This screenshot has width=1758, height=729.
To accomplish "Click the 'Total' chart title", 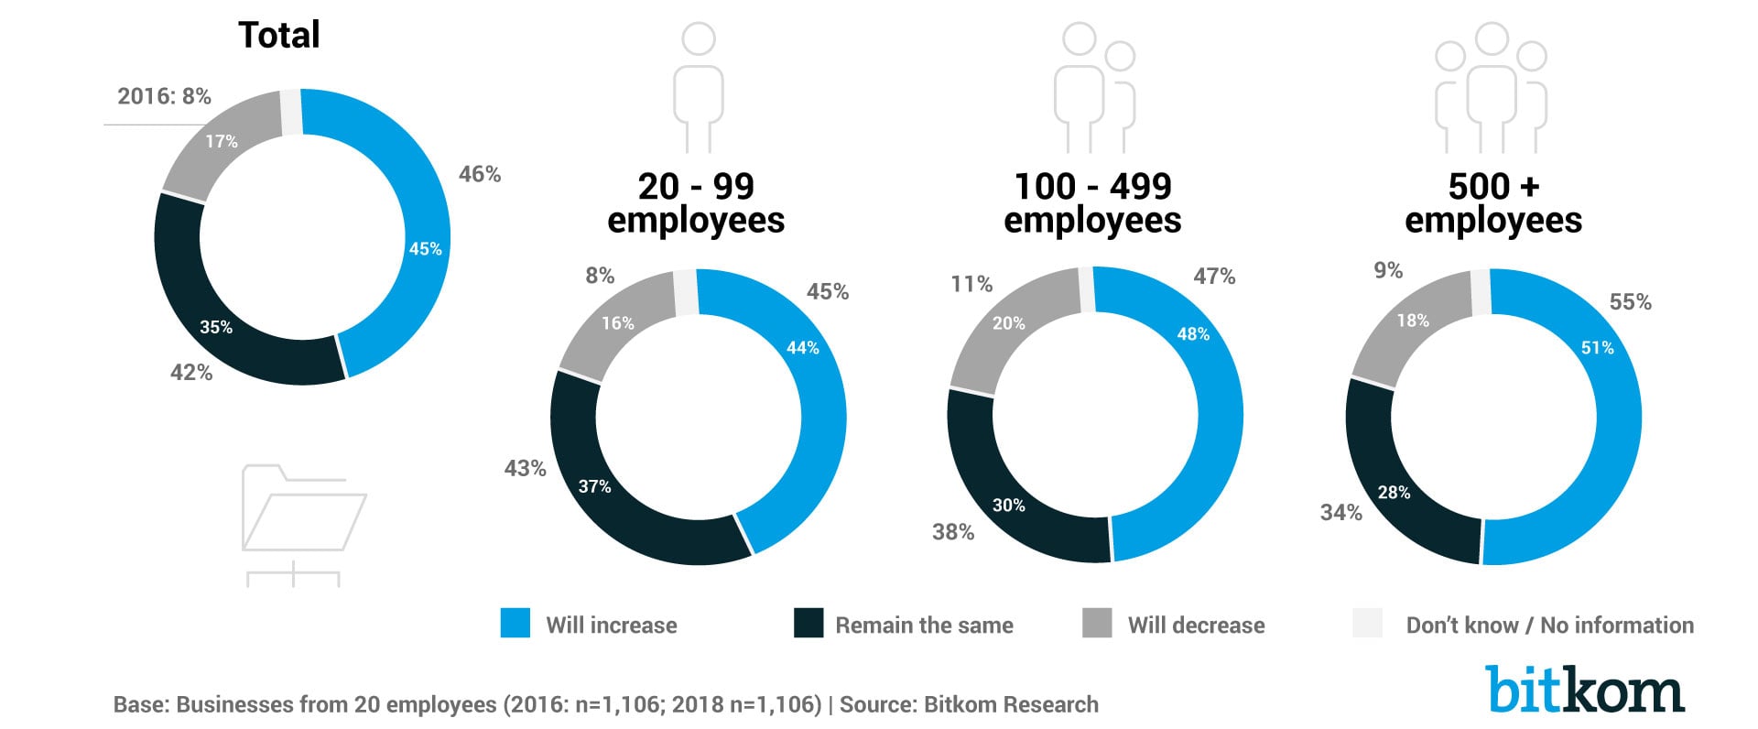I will (278, 36).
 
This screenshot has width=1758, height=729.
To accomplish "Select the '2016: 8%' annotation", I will (164, 96).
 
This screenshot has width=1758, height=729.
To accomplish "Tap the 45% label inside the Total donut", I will (425, 248).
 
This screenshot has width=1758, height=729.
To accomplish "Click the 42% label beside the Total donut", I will (191, 373).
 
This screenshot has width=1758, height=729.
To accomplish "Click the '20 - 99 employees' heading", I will (696, 203).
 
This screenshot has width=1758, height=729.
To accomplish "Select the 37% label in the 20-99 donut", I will (594, 486).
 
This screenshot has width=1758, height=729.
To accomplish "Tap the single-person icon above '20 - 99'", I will (699, 87).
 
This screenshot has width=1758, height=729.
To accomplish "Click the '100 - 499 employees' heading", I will (1092, 203).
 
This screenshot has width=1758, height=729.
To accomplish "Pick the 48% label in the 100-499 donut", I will (1193, 334).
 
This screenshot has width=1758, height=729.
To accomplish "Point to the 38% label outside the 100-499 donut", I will (953, 532).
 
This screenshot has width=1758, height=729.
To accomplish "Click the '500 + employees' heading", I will (1492, 203).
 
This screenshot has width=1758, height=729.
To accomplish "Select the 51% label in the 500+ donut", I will (1597, 348).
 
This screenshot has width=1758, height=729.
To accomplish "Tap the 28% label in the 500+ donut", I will (1394, 493).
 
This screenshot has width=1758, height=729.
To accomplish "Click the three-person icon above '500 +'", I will (1491, 87).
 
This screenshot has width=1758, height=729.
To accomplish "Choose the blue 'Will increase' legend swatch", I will (515, 623).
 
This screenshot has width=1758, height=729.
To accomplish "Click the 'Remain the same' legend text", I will (924, 626).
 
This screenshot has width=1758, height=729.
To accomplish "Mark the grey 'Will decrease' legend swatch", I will (1097, 623).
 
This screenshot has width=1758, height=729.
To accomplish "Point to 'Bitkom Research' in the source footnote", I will (1011, 704).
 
